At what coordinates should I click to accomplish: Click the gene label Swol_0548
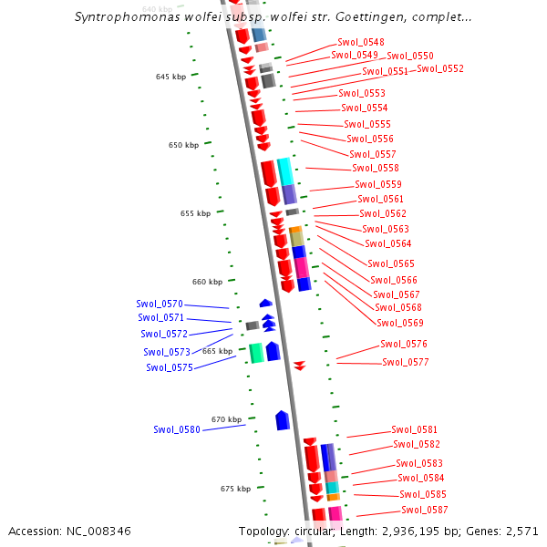click(x=360, y=42)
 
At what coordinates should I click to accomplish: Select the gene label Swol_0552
click(x=440, y=68)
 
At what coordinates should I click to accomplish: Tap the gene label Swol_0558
click(x=376, y=168)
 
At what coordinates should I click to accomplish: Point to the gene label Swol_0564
click(x=388, y=243)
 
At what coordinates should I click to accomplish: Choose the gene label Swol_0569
click(x=400, y=322)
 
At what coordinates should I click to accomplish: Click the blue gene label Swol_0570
click(x=160, y=304)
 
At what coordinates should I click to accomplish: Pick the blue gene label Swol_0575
click(x=170, y=367)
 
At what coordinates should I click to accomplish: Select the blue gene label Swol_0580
click(x=177, y=429)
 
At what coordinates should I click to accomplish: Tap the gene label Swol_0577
click(x=406, y=362)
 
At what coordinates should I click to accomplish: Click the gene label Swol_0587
click(x=425, y=510)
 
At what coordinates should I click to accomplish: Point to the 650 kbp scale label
click(x=183, y=145)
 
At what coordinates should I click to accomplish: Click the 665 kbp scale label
click(x=217, y=351)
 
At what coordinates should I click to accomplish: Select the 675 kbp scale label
click(x=235, y=489)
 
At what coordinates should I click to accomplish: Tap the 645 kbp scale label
click(x=170, y=77)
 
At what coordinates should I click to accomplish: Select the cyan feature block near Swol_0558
click(x=285, y=170)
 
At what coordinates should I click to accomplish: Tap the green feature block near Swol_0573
click(x=256, y=352)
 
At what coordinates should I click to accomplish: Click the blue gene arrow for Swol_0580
click(x=283, y=420)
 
